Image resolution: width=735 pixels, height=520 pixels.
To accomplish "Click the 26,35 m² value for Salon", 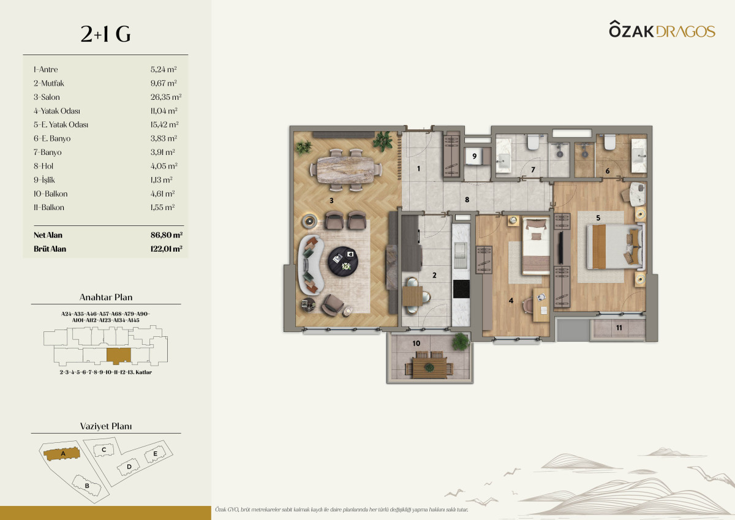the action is click(x=166, y=97).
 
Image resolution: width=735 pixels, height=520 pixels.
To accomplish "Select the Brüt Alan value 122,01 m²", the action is click(x=167, y=249).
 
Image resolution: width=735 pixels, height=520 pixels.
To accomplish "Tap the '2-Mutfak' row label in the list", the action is click(x=48, y=83).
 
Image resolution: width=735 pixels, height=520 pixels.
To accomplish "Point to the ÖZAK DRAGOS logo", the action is click(x=662, y=29).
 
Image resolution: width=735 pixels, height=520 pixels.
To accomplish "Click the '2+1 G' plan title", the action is click(x=105, y=34).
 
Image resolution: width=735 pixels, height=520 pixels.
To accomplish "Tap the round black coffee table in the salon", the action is click(x=343, y=262).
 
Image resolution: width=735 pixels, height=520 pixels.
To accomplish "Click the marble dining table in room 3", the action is click(x=346, y=170).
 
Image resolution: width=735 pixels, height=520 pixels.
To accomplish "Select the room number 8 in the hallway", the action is click(x=467, y=200).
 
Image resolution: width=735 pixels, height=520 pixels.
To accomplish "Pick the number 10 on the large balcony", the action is click(x=416, y=343).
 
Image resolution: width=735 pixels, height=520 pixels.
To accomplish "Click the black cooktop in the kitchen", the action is click(x=461, y=289).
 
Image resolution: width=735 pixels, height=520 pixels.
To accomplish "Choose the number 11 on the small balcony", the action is click(x=619, y=328).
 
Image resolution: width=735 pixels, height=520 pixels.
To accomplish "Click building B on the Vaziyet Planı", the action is click(x=86, y=486).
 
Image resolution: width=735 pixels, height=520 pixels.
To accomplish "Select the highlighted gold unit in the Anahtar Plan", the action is click(x=119, y=356).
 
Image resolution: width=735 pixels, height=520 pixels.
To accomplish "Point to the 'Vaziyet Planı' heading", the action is click(x=106, y=426).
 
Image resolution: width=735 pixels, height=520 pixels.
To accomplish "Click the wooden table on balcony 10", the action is click(x=429, y=367).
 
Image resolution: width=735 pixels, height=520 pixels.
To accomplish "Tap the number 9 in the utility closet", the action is click(x=474, y=156).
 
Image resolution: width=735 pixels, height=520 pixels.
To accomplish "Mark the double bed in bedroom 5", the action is click(x=616, y=246).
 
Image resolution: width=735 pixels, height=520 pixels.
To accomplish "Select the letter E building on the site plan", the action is click(x=155, y=454).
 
